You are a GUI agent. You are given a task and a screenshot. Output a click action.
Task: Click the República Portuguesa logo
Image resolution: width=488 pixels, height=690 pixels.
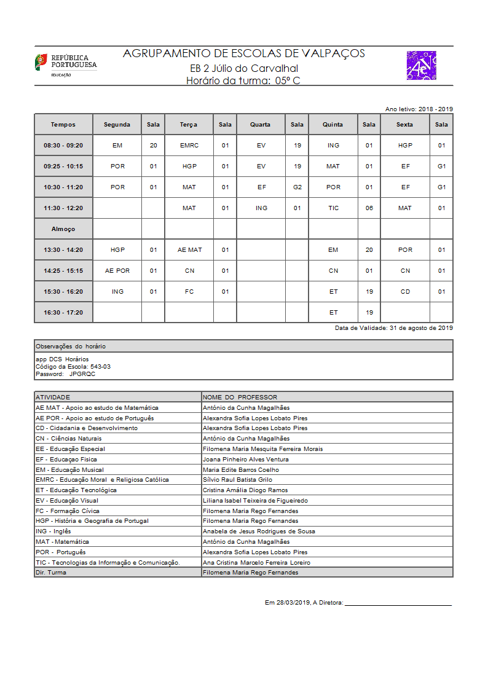point(65,65)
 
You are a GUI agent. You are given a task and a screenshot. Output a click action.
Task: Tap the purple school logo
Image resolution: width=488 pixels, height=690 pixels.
point(421,66)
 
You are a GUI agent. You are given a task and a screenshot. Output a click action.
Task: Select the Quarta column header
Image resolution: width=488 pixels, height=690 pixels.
point(261,124)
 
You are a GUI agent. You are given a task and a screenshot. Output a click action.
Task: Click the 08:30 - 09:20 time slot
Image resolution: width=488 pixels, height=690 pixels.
point(63,146)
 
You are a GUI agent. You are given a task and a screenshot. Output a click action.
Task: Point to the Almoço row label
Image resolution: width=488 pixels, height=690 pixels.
point(63,229)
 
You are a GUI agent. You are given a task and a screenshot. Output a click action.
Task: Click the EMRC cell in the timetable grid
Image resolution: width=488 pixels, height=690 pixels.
point(189,146)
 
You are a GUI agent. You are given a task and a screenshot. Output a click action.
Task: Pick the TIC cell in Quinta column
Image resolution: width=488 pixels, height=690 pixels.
point(333,208)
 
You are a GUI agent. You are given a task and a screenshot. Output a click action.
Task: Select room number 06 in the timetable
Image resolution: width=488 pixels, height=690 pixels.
point(369,208)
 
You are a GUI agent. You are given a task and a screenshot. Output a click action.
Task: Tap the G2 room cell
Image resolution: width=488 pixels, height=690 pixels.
point(297,187)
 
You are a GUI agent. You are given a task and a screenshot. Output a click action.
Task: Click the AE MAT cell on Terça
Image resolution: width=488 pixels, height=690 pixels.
point(189,250)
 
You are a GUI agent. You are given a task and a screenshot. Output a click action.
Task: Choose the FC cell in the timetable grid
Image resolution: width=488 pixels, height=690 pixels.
point(189,292)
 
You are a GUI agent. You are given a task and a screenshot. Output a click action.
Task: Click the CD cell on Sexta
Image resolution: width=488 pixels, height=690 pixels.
point(405,292)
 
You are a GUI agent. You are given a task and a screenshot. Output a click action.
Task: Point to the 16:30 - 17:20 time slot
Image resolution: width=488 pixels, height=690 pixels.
point(63,313)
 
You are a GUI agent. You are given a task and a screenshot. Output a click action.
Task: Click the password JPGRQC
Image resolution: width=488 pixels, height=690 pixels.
point(82,374)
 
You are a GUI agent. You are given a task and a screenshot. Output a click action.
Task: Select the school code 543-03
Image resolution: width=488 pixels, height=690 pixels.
point(100,366)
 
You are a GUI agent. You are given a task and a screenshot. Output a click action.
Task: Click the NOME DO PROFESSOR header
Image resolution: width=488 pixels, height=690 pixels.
point(240,397)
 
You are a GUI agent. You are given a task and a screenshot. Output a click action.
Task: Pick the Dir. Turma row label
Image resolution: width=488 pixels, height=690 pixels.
point(51,572)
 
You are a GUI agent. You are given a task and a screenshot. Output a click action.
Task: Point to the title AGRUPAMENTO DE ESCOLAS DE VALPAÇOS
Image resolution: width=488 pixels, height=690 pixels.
point(244,53)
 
